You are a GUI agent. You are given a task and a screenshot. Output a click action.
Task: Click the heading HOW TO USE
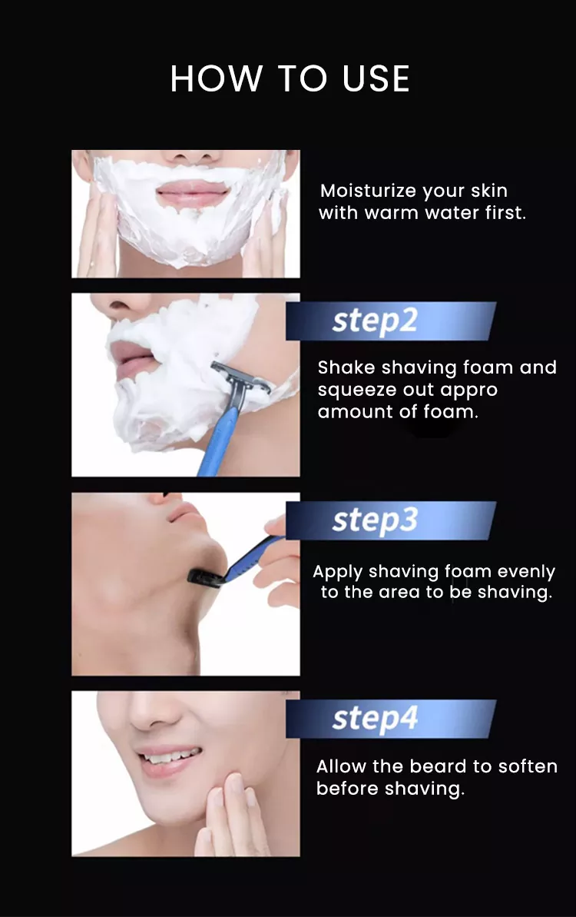pyautogui.click(x=290, y=78)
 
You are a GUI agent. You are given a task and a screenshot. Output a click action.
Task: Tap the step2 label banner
pyautogui.click(x=391, y=321)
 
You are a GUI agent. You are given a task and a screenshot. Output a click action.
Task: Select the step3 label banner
pyautogui.click(x=391, y=520)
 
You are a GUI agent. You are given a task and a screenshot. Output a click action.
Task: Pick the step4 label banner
pyautogui.click(x=391, y=719)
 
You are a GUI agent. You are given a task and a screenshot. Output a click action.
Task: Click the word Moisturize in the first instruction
pyautogui.click(x=368, y=191)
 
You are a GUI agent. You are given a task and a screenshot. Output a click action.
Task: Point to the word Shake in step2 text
pyautogui.click(x=346, y=367)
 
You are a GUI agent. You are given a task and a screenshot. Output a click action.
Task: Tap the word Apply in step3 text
pyautogui.click(x=338, y=572)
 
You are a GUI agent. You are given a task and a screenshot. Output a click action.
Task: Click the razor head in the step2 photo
pyautogui.click(x=240, y=377)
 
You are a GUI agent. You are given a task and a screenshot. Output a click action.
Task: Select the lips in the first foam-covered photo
pyautogui.click(x=192, y=192)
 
